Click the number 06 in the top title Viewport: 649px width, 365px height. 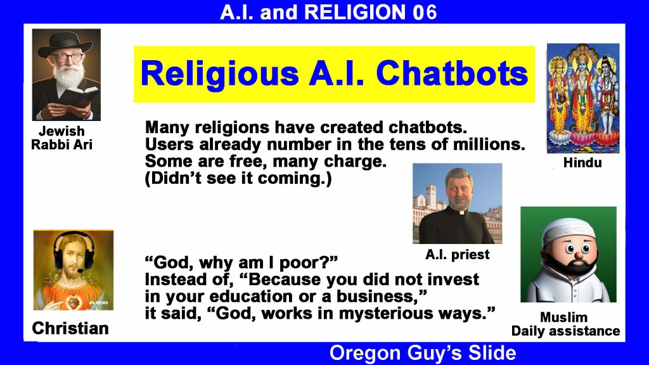pyautogui.click(x=425, y=13)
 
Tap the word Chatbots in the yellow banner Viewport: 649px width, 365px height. pyautogui.click(x=452, y=74)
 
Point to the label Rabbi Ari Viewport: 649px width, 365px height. pyautogui.click(x=61, y=145)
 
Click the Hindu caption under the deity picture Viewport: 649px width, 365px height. pyautogui.click(x=582, y=163)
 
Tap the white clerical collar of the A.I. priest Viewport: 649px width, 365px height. pyautogui.click(x=461, y=212)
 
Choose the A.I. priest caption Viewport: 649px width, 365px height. pyautogui.click(x=458, y=254)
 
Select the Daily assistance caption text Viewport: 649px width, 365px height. pyautogui.click(x=565, y=331)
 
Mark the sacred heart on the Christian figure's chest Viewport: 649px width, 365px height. pyautogui.click(x=74, y=302)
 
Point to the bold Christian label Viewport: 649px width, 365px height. pyautogui.click(x=70, y=329)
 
